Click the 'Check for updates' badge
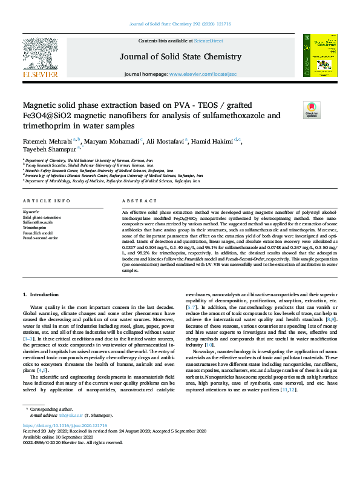(x=329, y=109)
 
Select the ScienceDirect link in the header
(x=208, y=41)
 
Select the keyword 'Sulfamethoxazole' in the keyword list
(x=38, y=222)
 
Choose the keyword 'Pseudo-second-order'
(x=40, y=238)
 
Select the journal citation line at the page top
(x=180, y=25)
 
